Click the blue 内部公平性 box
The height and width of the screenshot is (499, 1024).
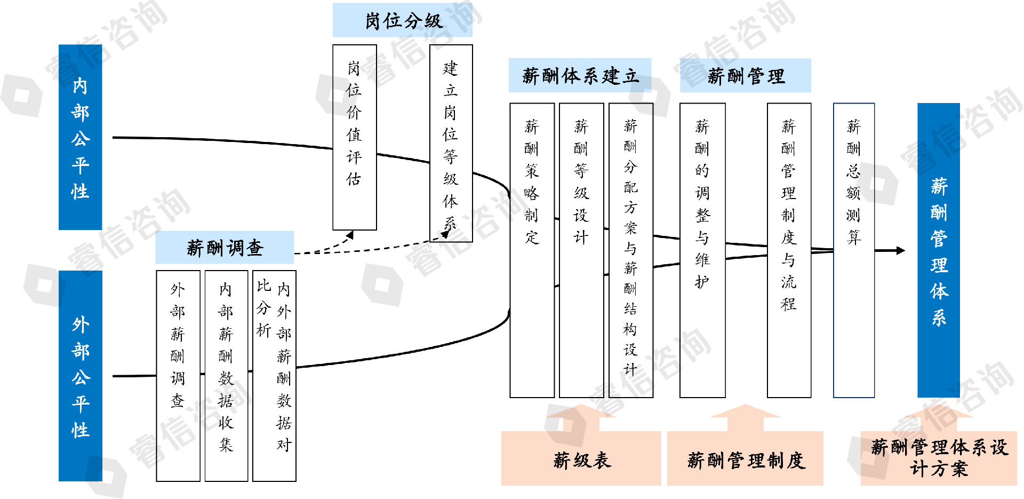80,137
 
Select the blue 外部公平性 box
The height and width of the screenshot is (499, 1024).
80,376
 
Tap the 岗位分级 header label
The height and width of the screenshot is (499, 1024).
403,20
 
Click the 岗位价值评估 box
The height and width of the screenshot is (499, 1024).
354,137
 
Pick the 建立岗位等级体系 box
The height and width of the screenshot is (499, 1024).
451,143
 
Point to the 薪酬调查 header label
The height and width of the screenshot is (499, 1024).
225,248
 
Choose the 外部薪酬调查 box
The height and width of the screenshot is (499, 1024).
178,376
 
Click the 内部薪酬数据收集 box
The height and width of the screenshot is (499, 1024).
226,376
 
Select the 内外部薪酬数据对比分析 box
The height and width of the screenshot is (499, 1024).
274,376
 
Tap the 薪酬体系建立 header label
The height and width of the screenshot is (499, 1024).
580,76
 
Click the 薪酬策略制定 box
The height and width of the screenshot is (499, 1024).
532,250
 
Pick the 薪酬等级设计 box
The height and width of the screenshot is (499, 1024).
581,250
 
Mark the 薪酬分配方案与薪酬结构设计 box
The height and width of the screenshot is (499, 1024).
630,250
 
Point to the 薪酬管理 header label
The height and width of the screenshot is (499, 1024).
745,76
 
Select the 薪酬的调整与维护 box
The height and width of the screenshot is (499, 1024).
702,250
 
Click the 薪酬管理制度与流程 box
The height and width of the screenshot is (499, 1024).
789,250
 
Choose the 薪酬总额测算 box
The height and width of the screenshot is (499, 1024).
854,250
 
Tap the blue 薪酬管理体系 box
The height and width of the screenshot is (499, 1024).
938,250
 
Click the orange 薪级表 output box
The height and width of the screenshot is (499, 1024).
581,459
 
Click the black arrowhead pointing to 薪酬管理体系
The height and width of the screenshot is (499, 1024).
901,250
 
